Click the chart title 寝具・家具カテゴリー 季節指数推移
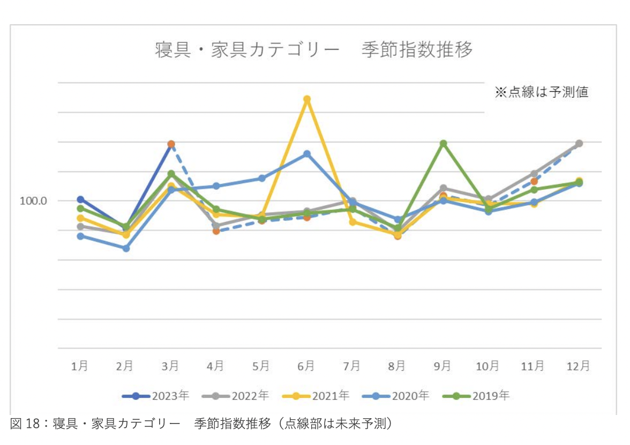pos(314,50)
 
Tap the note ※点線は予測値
pos(541,92)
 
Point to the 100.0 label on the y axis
pos(33,201)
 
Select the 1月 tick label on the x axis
pos(80,366)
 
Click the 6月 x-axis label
pos(306,366)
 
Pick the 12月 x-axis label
pos(579,366)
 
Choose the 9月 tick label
pos(442,366)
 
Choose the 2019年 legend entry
pos(477,396)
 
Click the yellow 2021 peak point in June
pos(307,99)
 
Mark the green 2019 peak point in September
pos(443,144)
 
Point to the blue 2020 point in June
pos(307,154)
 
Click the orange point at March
pos(171,144)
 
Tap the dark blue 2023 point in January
pos(80,199)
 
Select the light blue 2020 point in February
pos(126,248)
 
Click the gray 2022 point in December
pos(579,144)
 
